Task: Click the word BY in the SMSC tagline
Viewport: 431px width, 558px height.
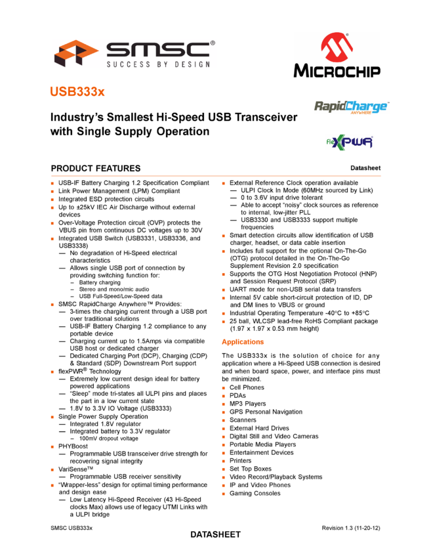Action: coord(165,64)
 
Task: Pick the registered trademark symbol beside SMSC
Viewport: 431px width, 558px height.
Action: coord(213,44)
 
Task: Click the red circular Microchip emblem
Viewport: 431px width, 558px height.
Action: coord(337,47)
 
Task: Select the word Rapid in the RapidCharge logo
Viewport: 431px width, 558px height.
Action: coord(329,106)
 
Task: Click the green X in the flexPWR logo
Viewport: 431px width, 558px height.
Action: coord(343,142)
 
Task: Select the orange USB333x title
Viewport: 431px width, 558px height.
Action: coord(77,92)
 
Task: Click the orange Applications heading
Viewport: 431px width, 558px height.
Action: coord(243,342)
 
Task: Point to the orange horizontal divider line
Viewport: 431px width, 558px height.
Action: coord(216,176)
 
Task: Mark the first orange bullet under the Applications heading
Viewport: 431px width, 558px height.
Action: coord(224,388)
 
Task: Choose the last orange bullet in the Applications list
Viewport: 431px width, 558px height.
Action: coord(224,494)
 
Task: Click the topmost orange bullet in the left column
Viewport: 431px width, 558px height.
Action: coord(52,184)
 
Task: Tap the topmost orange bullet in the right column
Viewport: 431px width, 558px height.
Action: coord(224,184)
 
